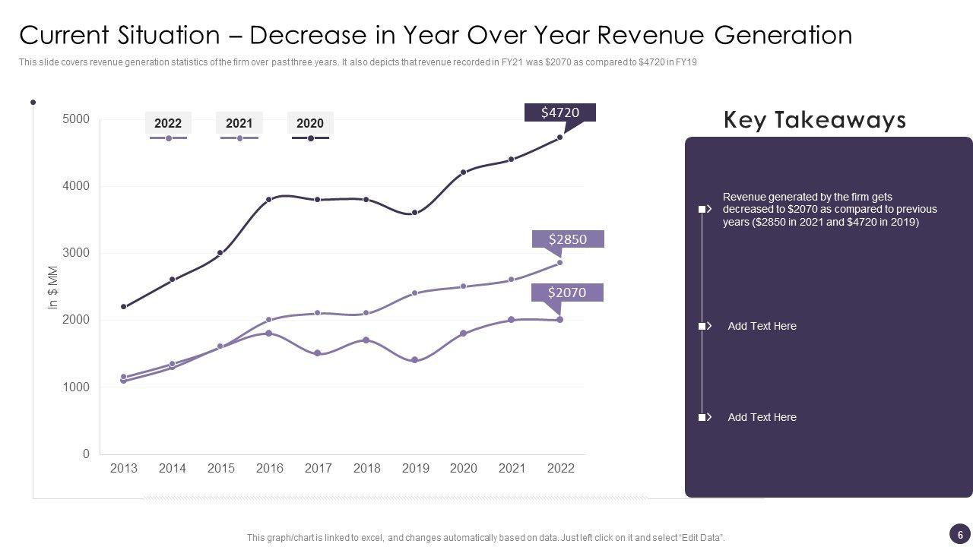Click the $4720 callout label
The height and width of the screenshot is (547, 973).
point(560,112)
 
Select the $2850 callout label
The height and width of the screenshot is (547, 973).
point(568,239)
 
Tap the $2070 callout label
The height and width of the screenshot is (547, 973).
point(567,292)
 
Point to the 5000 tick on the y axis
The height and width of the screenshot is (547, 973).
point(75,119)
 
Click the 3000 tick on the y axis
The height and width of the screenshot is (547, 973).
point(75,253)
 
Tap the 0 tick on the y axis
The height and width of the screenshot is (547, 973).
point(86,454)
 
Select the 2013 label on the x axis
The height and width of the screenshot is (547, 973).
point(124,469)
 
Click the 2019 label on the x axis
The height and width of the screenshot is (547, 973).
point(415,469)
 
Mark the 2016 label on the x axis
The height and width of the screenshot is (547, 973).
point(270,469)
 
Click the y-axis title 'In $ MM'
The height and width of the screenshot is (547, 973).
point(53,287)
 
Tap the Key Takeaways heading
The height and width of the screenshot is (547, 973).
point(814,120)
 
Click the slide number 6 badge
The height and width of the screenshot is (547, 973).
point(960,535)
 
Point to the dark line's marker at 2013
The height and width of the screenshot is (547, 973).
point(124,307)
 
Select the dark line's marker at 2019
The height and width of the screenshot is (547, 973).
point(414,213)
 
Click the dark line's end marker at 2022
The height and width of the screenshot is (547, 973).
point(560,138)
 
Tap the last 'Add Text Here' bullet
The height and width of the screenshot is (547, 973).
point(762,417)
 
